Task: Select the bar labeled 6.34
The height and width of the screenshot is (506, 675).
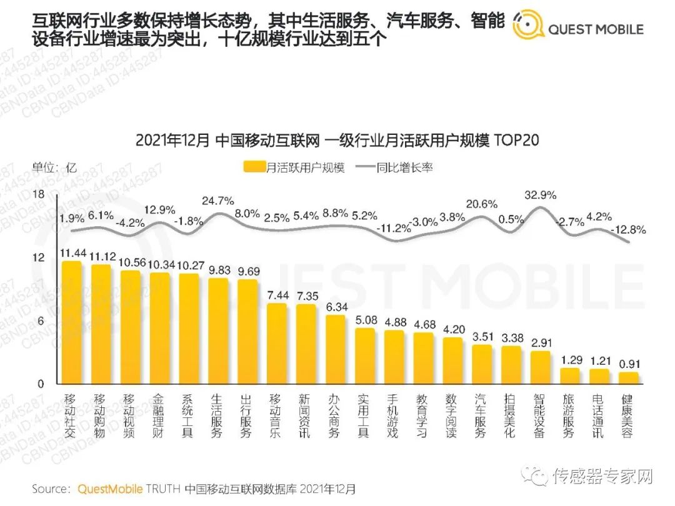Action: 336,350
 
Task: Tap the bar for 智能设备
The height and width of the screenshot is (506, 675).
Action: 541,368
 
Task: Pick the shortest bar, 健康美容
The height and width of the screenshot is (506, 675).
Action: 629,378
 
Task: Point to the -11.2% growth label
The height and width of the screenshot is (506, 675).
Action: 394,229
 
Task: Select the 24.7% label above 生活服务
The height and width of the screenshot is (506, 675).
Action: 218,201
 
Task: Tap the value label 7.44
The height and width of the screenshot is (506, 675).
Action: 277,295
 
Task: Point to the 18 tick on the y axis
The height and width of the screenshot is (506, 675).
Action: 39,195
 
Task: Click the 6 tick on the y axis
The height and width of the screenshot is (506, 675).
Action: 41,321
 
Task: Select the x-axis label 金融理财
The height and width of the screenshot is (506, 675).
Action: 159,416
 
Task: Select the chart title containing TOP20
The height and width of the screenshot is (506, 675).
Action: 337,140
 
